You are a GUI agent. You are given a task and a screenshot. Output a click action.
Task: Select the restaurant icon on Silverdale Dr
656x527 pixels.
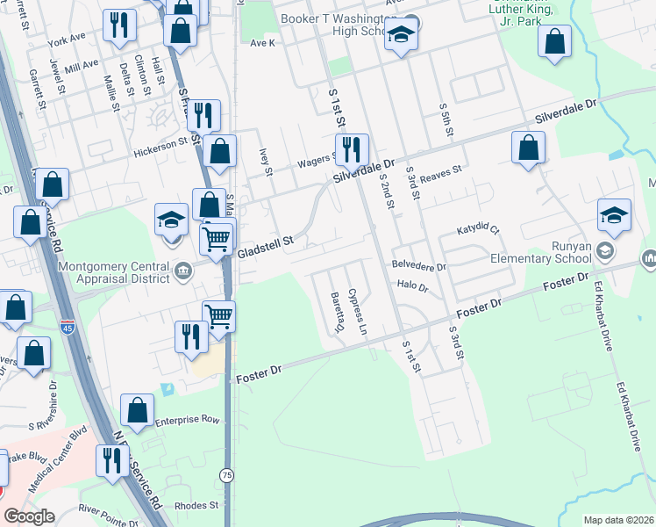tap(352, 150)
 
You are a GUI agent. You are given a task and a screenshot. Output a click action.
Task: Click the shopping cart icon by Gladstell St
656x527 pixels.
tap(217, 238)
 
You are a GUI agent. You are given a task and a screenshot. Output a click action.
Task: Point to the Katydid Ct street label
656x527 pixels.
tap(477, 230)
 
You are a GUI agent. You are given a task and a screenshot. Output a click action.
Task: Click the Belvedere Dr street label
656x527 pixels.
tap(419, 265)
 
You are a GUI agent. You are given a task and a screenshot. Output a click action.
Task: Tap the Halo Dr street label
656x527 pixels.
tap(412, 285)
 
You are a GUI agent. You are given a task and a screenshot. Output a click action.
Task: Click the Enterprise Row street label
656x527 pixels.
tap(187, 420)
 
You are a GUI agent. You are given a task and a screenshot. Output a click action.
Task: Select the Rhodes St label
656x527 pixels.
tap(196, 505)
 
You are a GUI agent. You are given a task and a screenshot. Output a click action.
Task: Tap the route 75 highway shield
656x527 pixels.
tap(227, 475)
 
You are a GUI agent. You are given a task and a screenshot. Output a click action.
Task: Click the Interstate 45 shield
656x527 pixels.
tap(68, 328)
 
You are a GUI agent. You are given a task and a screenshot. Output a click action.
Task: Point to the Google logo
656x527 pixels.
tap(29, 516)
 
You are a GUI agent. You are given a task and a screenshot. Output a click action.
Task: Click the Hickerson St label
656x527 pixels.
tap(160, 150)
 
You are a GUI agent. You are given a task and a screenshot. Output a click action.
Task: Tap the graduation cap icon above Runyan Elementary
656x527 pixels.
tap(615, 215)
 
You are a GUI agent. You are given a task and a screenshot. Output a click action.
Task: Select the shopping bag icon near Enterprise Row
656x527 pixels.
tap(137, 410)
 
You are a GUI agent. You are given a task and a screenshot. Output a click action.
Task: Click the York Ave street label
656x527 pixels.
tap(68, 40)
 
